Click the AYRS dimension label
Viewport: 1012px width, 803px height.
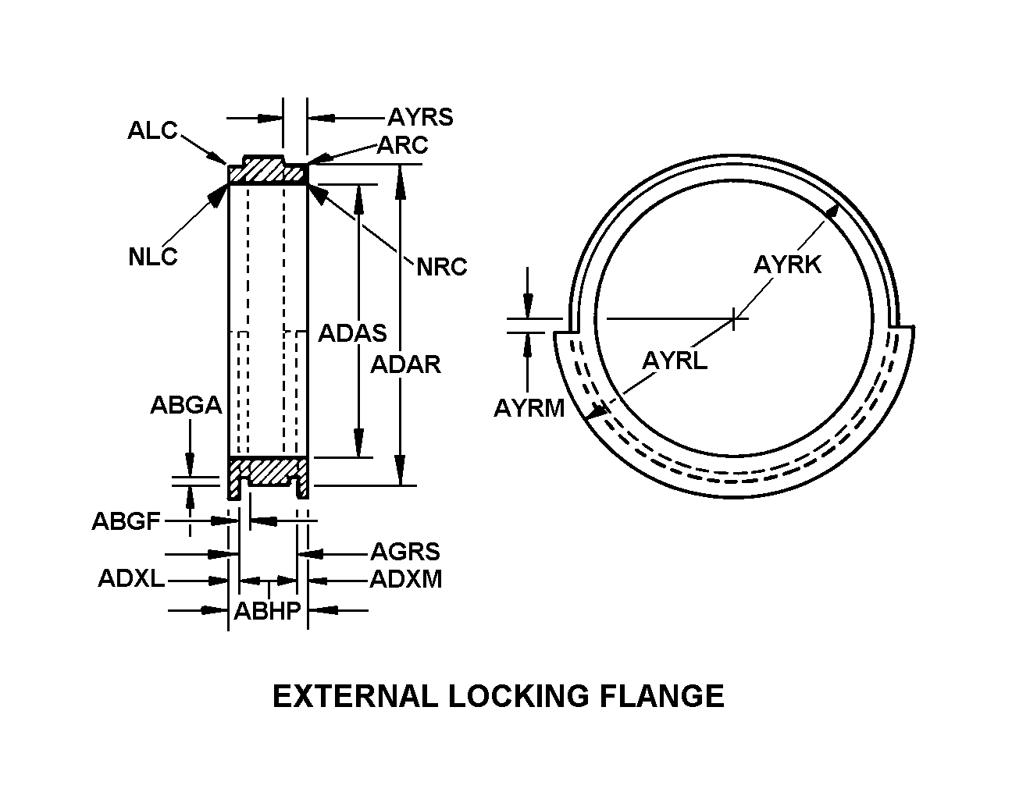(x=420, y=117)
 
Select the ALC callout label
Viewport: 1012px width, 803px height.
(x=152, y=130)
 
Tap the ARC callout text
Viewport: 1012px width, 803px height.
(x=403, y=145)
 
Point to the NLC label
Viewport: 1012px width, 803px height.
(x=153, y=257)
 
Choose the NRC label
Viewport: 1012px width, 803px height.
(x=442, y=267)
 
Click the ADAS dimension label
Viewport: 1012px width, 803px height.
(x=353, y=333)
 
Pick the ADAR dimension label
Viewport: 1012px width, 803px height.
(x=406, y=364)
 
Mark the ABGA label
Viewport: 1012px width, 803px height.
(x=186, y=405)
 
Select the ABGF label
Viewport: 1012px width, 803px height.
(x=126, y=521)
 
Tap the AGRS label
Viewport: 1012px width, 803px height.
(x=405, y=552)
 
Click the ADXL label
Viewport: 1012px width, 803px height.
(x=131, y=578)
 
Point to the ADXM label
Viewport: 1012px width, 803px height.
(x=406, y=579)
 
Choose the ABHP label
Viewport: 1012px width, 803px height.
(x=268, y=611)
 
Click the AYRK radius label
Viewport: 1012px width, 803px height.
(x=788, y=265)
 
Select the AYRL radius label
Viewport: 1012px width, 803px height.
(x=675, y=361)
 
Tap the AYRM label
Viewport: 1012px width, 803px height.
(x=529, y=407)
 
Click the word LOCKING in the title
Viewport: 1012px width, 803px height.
(x=518, y=696)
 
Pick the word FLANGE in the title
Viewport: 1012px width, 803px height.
(x=661, y=696)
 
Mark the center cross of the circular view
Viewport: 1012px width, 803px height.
(x=733, y=318)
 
